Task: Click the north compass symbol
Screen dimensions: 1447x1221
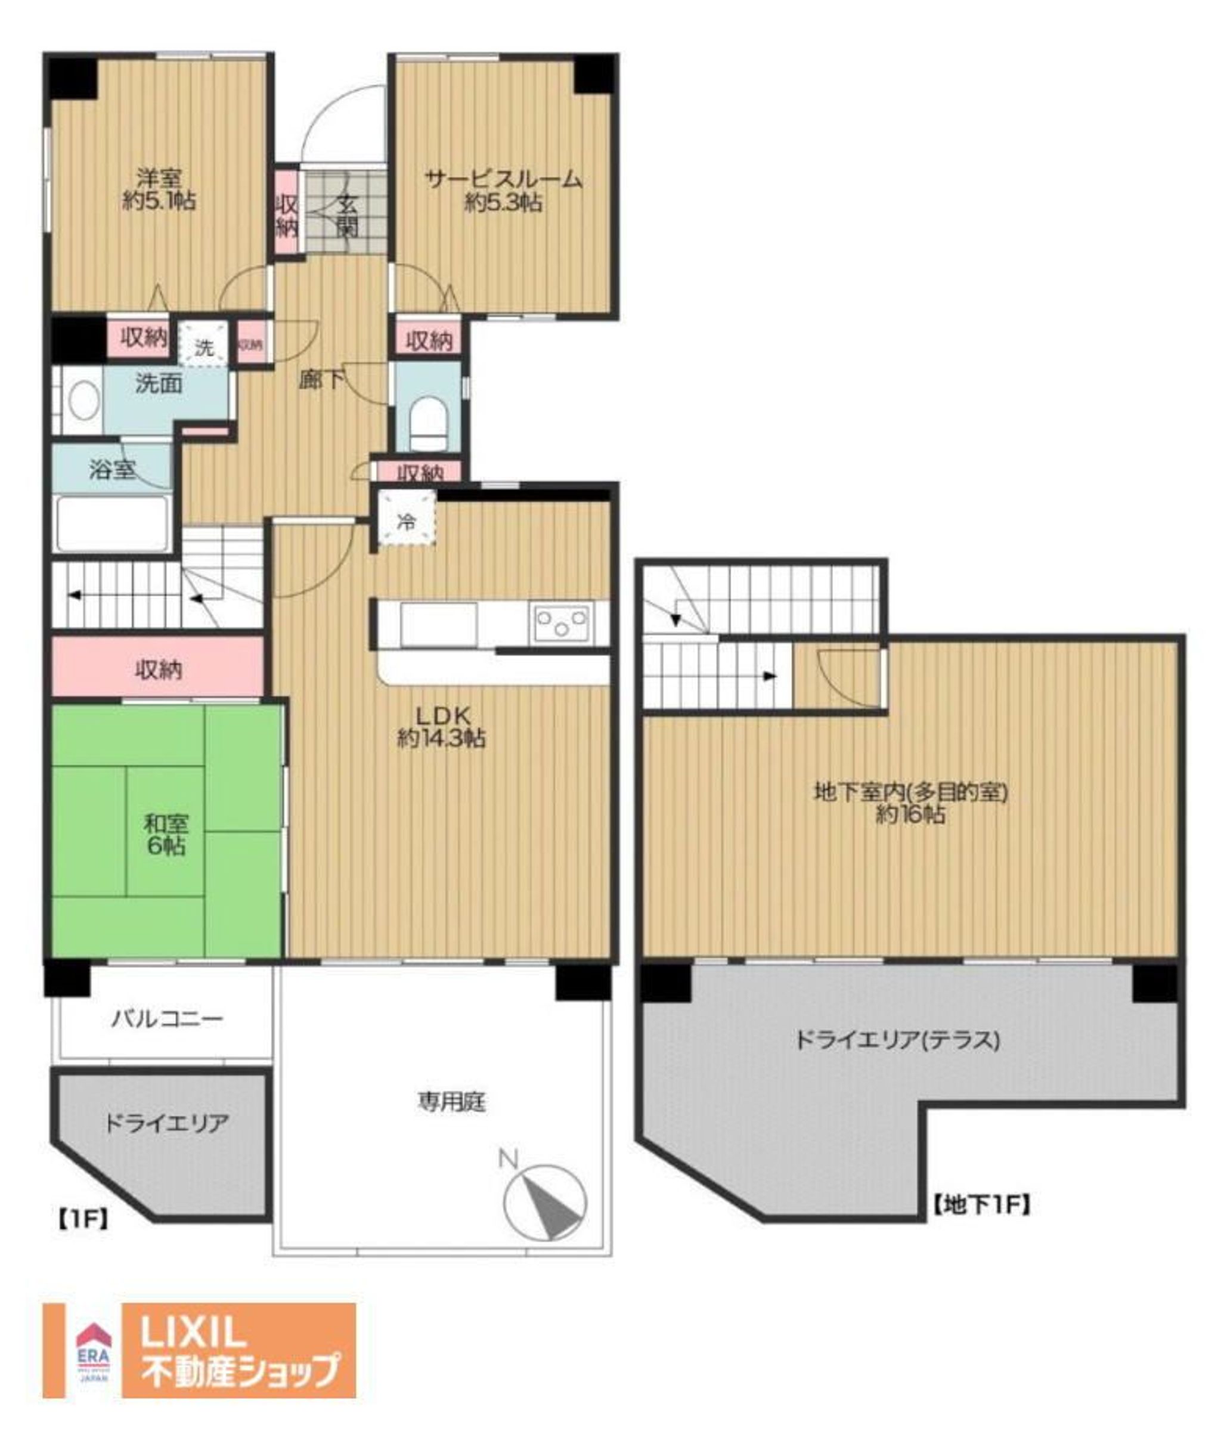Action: (x=544, y=1203)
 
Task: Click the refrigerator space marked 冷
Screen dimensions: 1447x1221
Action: (x=407, y=522)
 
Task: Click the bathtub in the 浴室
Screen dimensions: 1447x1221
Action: (x=113, y=524)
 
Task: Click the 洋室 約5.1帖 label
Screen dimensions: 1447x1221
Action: (x=159, y=190)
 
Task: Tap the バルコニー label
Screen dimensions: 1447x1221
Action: (x=168, y=1020)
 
